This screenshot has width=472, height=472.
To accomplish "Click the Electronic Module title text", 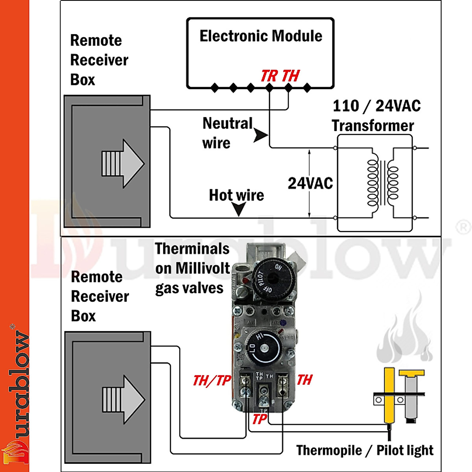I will coord(261,36).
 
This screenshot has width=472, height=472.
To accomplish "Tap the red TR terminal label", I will coord(269,76).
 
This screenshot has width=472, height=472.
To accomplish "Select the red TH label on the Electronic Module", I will coord(291,76).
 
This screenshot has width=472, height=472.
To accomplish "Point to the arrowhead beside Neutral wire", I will coord(260,135).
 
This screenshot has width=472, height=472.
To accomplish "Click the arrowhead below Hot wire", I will coord(239,209).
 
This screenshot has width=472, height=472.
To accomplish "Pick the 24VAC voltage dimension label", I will coord(310,183).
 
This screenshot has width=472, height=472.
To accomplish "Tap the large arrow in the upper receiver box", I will coord(124,163).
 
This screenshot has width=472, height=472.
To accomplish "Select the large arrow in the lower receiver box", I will coord(124,399).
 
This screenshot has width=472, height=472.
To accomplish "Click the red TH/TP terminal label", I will coord(212,380).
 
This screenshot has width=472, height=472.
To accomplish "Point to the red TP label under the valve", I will coord(260,419).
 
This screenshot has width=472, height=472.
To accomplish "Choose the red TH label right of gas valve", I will coord(305,380).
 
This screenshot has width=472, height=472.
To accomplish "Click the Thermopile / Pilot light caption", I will coord(365,450).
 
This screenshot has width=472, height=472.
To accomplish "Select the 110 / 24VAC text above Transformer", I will coord(376,106).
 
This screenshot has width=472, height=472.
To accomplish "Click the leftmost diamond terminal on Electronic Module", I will coord(215,88).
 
